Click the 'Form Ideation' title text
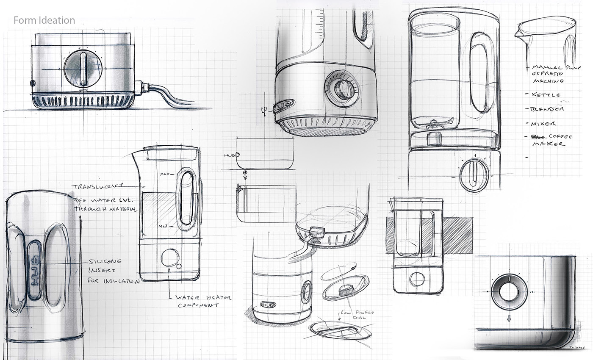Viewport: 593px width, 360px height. [x=44, y=20]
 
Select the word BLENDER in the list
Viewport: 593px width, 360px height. [x=547, y=109]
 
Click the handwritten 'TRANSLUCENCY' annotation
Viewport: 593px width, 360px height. [x=97, y=186]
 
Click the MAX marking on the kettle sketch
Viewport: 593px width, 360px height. [x=165, y=174]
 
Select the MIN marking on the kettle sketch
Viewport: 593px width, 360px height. [x=163, y=226]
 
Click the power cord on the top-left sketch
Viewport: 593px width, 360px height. [x=165, y=94]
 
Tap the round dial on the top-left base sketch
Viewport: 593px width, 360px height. [x=83, y=69]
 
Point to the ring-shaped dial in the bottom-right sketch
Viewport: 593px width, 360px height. [x=509, y=292]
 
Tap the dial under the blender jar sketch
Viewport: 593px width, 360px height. [x=474, y=174]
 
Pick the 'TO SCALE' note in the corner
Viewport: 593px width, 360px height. [x=577, y=347]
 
